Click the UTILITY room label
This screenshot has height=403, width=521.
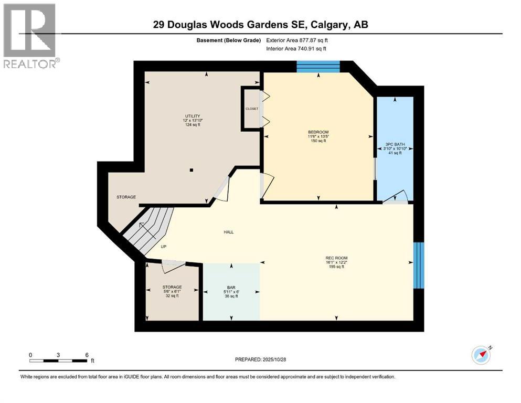pyautogui.click(x=192, y=116)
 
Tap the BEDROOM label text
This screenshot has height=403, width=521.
pyautogui.click(x=318, y=132)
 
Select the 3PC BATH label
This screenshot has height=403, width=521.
pyautogui.click(x=394, y=143)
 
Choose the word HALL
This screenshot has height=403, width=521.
pyautogui.click(x=228, y=232)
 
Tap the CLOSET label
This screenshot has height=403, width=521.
pyautogui.click(x=252, y=109)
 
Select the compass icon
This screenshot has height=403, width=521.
pyautogui.click(x=481, y=355)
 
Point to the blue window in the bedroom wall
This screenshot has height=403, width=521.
pyautogui.click(x=318, y=66)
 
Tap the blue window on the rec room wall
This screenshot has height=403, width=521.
pyautogui.click(x=418, y=264)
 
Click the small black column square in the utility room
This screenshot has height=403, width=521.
pyautogui.click(x=192, y=170)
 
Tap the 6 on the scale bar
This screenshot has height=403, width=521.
pyautogui.click(x=87, y=355)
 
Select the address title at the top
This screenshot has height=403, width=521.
pyautogui.click(x=260, y=25)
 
